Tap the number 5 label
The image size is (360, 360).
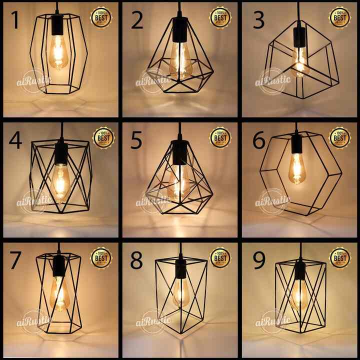[135, 141]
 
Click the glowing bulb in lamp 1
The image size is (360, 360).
[58, 52]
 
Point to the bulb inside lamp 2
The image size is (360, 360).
[179, 62]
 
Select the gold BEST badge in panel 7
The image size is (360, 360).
[101, 257]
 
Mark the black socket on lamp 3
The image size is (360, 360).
[299, 37]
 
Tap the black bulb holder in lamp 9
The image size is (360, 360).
[299, 272]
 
